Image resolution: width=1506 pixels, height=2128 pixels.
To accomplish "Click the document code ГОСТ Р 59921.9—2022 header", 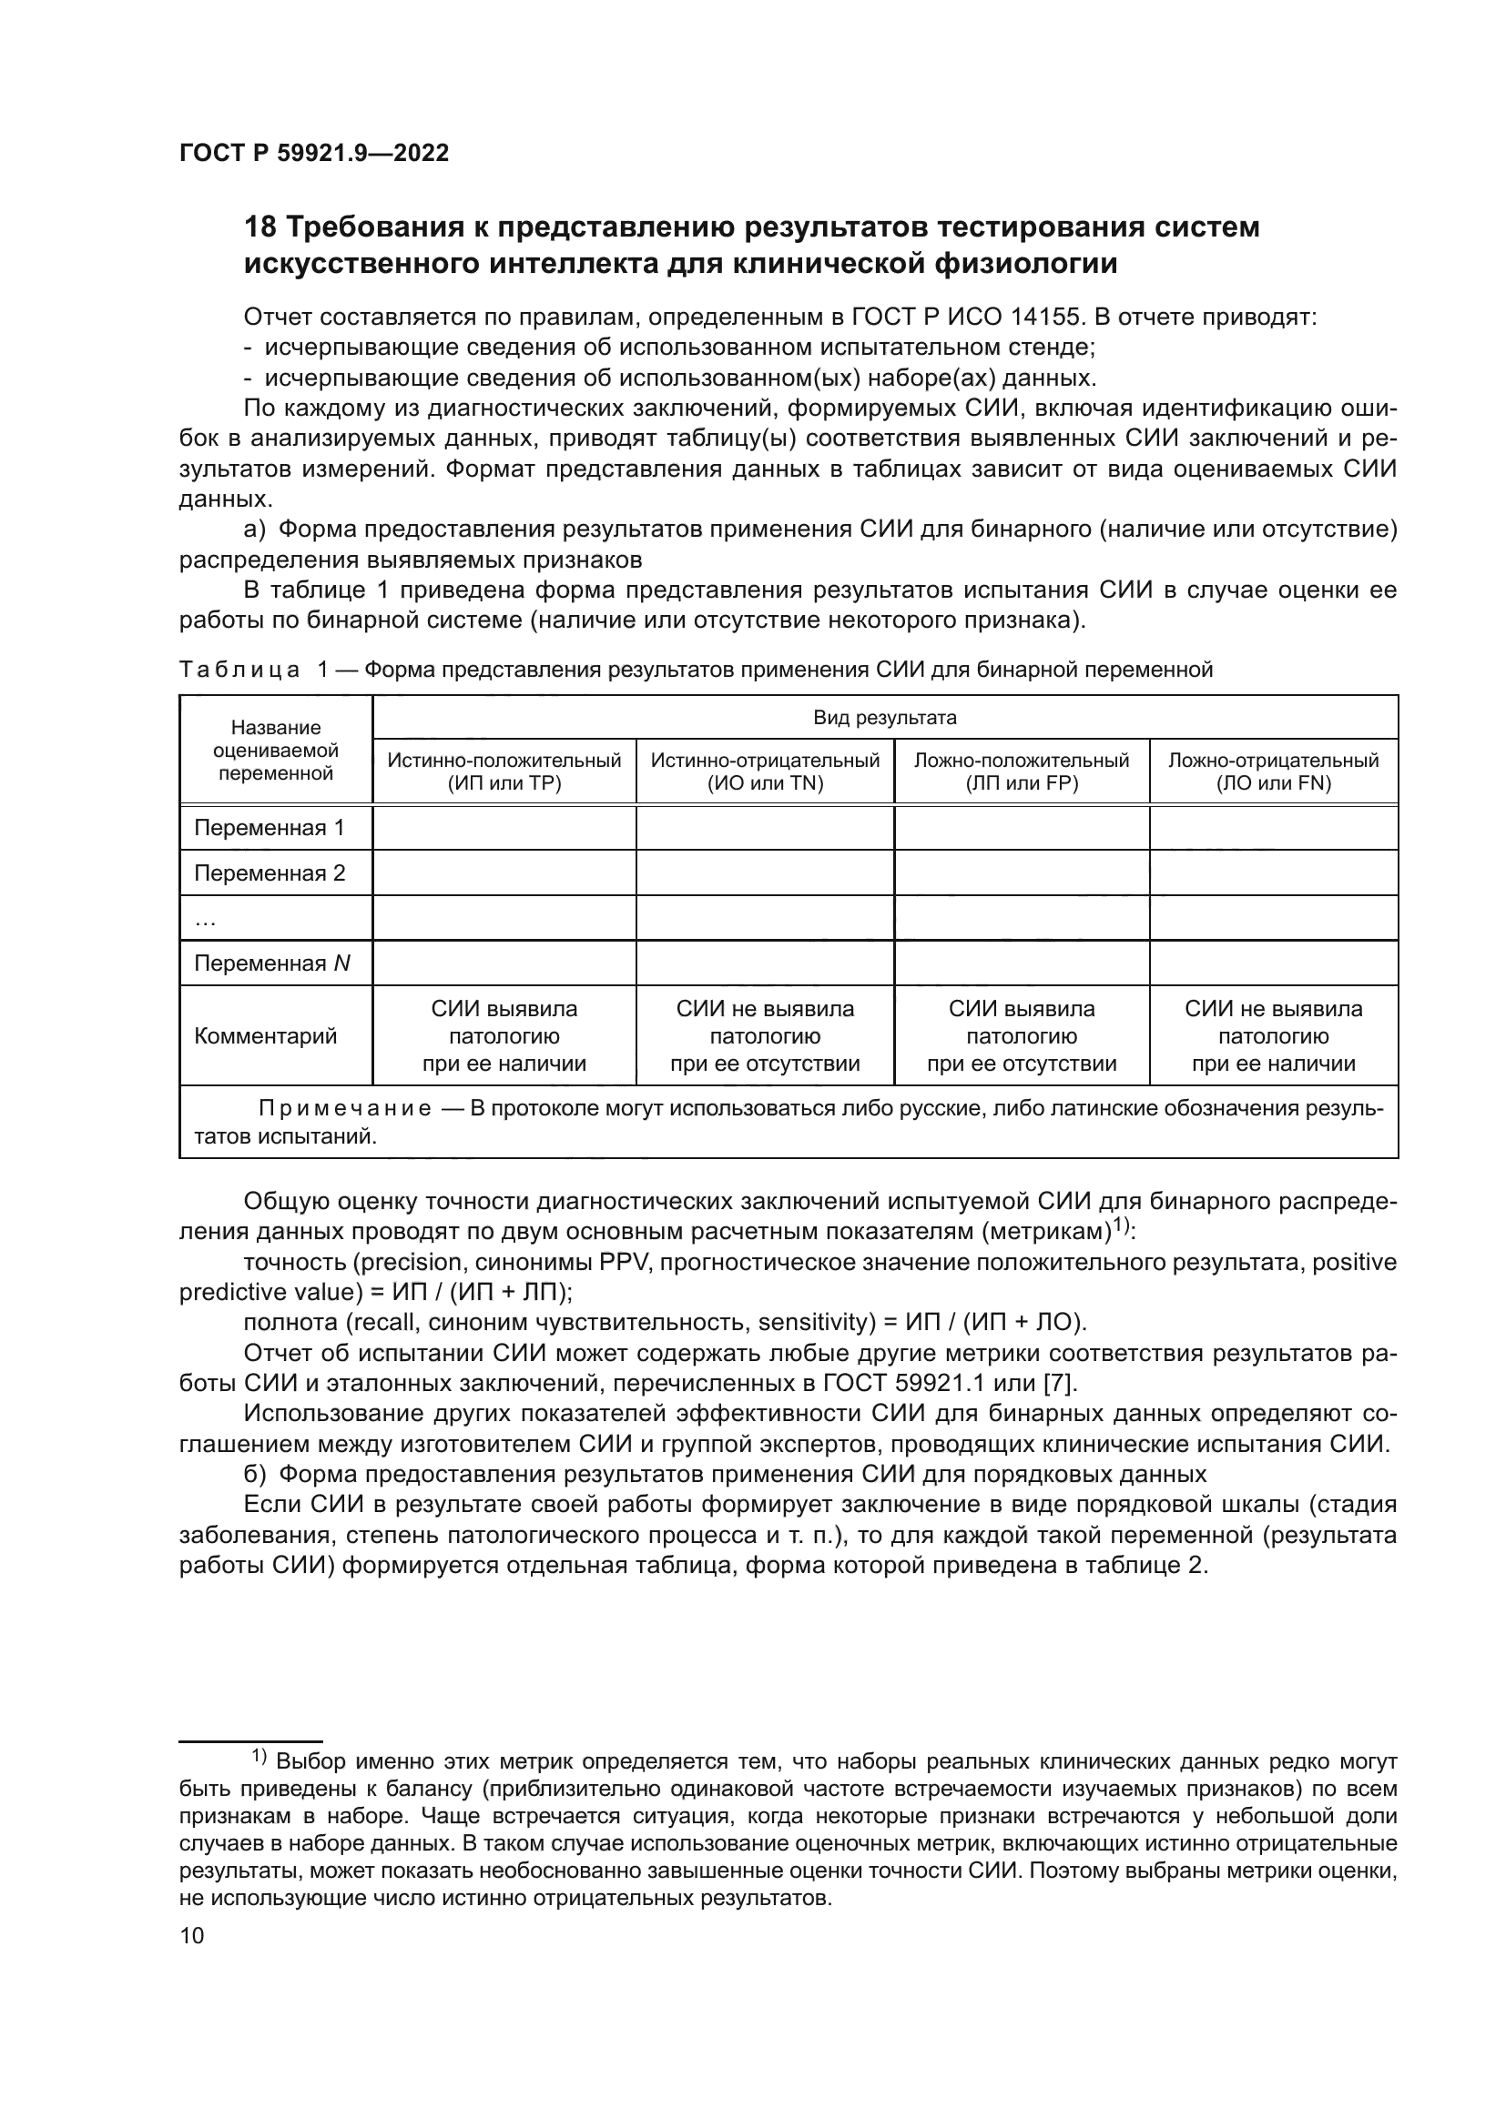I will [313, 154].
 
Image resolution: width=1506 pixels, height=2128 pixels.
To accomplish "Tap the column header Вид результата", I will [885, 717].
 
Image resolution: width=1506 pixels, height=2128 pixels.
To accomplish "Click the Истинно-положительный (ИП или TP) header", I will [504, 772].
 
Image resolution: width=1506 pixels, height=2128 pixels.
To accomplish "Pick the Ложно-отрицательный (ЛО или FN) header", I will [1273, 772].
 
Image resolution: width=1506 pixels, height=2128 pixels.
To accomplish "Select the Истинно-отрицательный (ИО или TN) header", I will [764, 772].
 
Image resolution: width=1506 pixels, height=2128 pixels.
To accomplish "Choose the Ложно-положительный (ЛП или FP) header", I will [1021, 772].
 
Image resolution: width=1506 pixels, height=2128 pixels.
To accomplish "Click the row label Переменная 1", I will [269, 828].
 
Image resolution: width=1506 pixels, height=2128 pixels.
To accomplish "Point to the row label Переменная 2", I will [269, 873].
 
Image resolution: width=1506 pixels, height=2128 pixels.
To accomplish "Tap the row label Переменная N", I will [271, 963].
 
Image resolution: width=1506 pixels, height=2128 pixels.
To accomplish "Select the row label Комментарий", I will [265, 1035].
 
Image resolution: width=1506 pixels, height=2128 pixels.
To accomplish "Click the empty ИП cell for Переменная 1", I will [504, 828].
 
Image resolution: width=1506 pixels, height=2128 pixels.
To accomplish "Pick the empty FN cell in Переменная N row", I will [1273, 963].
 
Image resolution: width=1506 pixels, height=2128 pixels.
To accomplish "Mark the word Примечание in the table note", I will [344, 1109].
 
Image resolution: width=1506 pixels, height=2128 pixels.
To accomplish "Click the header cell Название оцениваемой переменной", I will [275, 750].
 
